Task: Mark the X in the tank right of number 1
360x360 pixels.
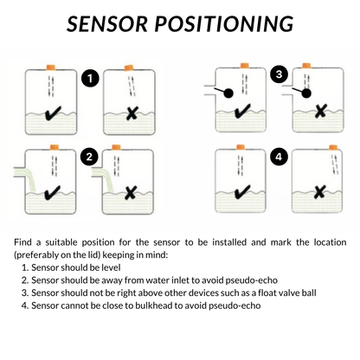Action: (130, 113)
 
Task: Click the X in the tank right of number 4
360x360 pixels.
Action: (319, 191)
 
